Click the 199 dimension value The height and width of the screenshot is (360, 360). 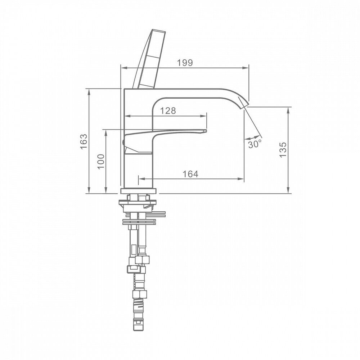click(185, 62)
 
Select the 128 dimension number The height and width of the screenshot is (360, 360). click(168, 111)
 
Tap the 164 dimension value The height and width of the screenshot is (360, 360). click(190, 174)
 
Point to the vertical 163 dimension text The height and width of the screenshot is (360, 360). click(84, 141)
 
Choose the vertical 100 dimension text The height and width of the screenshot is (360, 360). click(101, 162)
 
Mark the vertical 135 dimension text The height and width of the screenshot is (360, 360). click(283, 150)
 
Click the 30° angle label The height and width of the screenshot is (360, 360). click(255, 144)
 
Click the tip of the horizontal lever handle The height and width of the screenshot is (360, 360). click(206, 131)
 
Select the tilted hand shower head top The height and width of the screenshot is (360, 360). click(158, 31)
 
